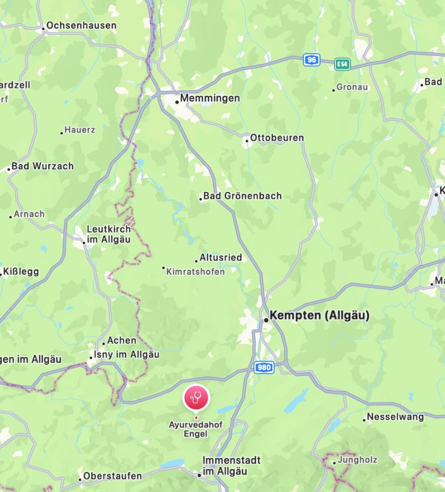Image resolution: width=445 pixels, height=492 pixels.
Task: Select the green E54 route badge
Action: pos(343,64)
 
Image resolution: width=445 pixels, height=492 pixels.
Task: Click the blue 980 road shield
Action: pos(263,368)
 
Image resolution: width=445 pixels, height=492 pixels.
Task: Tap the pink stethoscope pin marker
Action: pos(196,398)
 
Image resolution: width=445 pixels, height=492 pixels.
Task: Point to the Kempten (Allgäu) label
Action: pos(320,316)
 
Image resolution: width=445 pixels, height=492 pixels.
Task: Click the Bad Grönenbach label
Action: pos(242,196)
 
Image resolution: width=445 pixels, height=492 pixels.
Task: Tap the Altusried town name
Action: pos(221,258)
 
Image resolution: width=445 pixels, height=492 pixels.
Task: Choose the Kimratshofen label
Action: pos(195,272)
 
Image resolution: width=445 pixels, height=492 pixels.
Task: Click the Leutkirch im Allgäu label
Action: pos(108,234)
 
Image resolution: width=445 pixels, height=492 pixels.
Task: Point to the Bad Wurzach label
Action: pos(42,166)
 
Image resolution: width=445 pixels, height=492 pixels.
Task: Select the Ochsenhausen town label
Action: pos(81,25)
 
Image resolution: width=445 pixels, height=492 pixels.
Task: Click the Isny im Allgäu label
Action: pos(127,355)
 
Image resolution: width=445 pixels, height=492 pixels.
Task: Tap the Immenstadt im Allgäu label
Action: pos(231,466)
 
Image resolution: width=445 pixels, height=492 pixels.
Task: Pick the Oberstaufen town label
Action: pos(112,476)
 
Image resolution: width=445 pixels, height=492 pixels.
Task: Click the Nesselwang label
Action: pos(395,417)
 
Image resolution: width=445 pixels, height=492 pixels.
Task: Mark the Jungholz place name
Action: pos(358,460)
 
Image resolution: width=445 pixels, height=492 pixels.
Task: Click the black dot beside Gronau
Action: pos(334,90)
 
